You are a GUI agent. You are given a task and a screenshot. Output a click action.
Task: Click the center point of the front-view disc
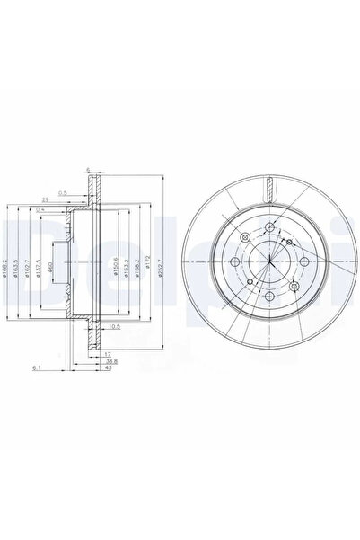pos(270,261)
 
